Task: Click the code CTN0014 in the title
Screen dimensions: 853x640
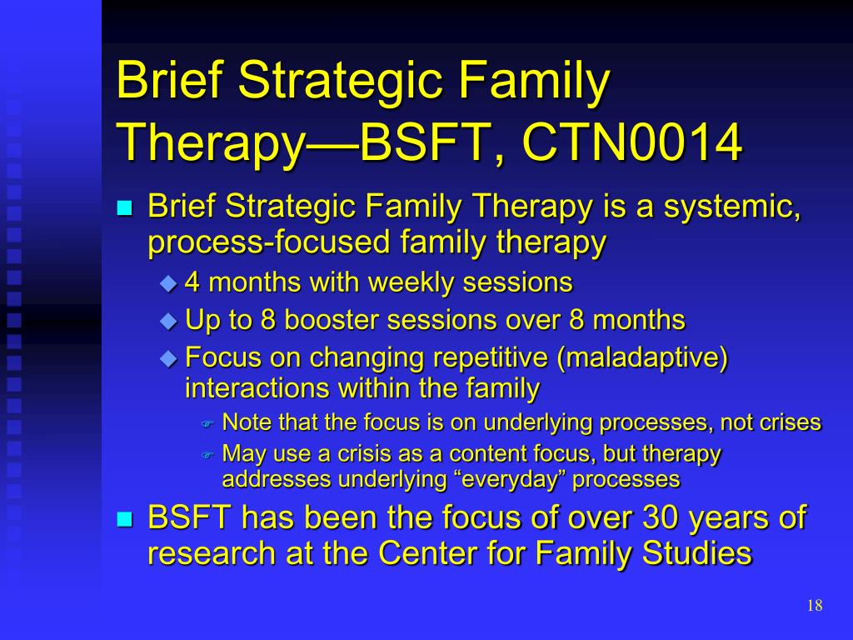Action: (632, 142)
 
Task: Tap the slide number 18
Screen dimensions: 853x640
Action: (815, 605)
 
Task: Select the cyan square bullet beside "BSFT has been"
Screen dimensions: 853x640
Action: (125, 519)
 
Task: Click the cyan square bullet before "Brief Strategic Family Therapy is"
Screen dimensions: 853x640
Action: (125, 207)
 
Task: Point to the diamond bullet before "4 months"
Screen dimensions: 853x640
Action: (168, 283)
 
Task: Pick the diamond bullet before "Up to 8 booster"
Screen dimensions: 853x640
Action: (168, 321)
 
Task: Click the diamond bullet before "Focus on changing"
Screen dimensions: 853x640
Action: (168, 358)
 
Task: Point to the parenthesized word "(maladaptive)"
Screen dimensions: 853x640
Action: (642, 358)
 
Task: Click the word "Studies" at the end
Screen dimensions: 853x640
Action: (697, 553)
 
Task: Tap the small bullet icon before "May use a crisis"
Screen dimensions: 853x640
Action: (207, 455)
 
